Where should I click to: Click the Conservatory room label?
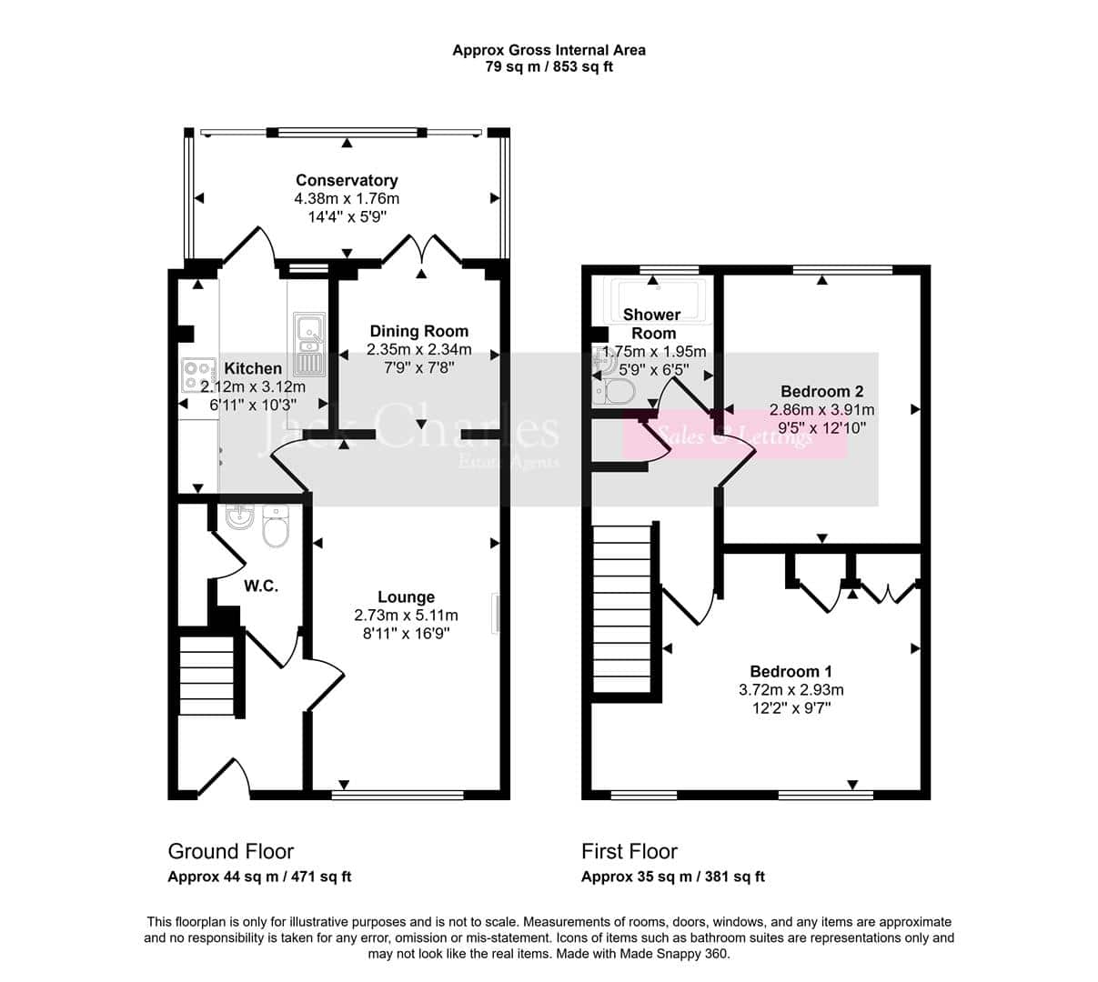pyautogui.click(x=347, y=180)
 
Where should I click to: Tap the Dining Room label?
pyautogui.click(x=419, y=331)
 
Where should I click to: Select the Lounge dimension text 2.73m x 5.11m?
pyautogui.click(x=406, y=616)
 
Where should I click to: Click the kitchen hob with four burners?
pyautogui.click(x=197, y=376)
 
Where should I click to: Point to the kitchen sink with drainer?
pyautogui.click(x=309, y=344)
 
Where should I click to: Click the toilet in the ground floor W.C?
pyautogui.click(x=276, y=526)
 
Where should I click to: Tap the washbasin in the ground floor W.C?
pyautogui.click(x=239, y=516)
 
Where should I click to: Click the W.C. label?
pyautogui.click(x=261, y=586)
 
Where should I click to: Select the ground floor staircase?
pyautogui.click(x=207, y=676)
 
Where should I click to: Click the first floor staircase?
pyautogui.click(x=621, y=609)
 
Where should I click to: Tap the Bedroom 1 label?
pyautogui.click(x=791, y=672)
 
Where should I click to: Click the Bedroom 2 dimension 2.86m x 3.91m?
pyautogui.click(x=821, y=409)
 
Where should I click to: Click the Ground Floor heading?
pyautogui.click(x=231, y=851)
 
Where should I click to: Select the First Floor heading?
pyautogui.click(x=630, y=851)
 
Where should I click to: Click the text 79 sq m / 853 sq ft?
pyautogui.click(x=549, y=66)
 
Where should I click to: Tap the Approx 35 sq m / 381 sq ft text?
pyautogui.click(x=673, y=877)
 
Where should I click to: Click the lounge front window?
pyautogui.click(x=398, y=795)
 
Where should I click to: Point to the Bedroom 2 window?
pyautogui.click(x=842, y=270)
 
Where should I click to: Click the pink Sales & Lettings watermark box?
pyautogui.click(x=734, y=435)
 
